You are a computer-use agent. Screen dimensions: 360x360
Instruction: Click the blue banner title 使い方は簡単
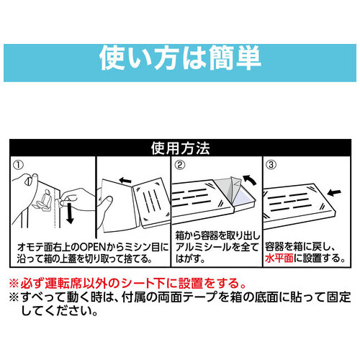click(x=180, y=58)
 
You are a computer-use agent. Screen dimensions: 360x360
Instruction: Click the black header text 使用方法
click(x=181, y=148)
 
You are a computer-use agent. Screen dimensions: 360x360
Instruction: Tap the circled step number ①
click(x=19, y=165)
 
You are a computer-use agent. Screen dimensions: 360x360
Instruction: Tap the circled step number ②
click(x=180, y=165)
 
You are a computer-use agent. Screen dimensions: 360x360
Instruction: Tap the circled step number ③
click(x=271, y=165)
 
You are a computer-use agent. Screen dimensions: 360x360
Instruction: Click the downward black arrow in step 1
click(x=70, y=212)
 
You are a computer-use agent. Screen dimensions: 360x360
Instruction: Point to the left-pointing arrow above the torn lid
click(x=125, y=181)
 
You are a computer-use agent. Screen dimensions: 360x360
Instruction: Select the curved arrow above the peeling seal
click(x=250, y=179)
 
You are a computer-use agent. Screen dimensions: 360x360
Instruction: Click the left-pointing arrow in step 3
click(x=334, y=192)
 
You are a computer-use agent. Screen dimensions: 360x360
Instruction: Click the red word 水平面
click(x=279, y=258)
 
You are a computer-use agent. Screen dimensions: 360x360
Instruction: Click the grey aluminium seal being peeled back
click(x=225, y=191)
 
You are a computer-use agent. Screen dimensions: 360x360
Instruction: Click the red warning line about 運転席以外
click(x=127, y=284)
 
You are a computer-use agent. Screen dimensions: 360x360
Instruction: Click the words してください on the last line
click(x=56, y=311)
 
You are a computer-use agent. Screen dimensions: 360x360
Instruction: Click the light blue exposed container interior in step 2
click(x=243, y=199)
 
